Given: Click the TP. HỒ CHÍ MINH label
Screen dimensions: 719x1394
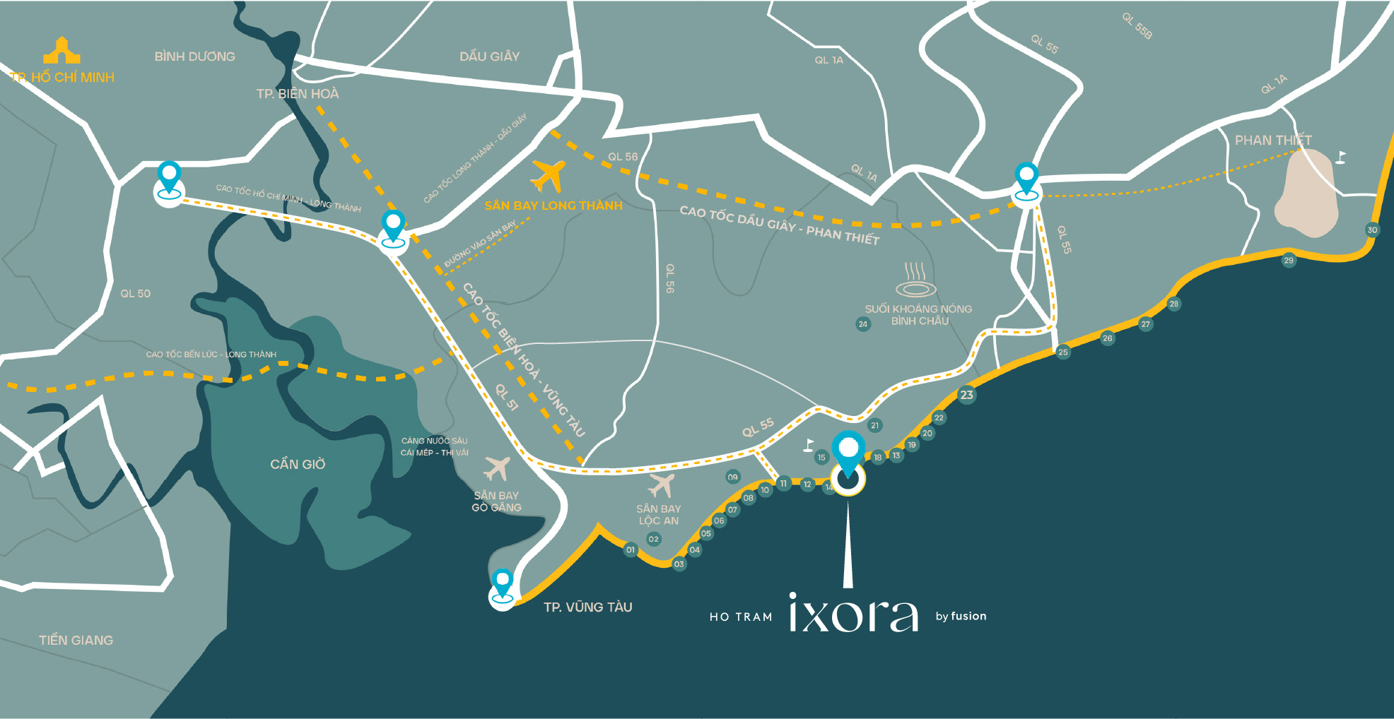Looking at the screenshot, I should point(62,77).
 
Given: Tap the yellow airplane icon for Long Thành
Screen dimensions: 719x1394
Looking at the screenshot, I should point(548,176).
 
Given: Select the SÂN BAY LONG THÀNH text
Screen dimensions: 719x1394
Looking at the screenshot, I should point(553,206).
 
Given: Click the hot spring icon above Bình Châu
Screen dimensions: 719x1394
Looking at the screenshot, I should point(915,280).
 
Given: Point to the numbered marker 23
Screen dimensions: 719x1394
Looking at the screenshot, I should point(966,395).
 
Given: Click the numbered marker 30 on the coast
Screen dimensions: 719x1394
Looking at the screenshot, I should point(1372,230).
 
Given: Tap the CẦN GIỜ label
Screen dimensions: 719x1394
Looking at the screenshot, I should point(298,464).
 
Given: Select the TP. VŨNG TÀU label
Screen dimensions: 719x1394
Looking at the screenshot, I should point(587,607).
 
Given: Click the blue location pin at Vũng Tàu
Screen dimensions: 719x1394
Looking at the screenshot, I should point(502,585).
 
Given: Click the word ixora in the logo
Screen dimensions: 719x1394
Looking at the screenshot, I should point(853,613).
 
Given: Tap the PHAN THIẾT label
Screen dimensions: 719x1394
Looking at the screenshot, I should point(1272,140).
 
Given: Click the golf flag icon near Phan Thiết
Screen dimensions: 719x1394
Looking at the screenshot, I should point(1340,157).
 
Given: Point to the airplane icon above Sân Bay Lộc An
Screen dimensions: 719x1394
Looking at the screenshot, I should point(662,485).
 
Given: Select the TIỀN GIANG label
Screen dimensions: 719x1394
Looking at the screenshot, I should point(76,640).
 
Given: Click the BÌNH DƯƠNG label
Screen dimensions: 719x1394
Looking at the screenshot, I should point(194,57).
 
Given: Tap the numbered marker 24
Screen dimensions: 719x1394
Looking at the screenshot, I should point(862,324).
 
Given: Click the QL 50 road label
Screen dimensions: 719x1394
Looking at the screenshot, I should point(135,293).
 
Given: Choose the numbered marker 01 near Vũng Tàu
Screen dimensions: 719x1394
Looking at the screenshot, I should point(631,549).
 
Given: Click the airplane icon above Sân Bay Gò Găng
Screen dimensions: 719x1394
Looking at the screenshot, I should point(496,468).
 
